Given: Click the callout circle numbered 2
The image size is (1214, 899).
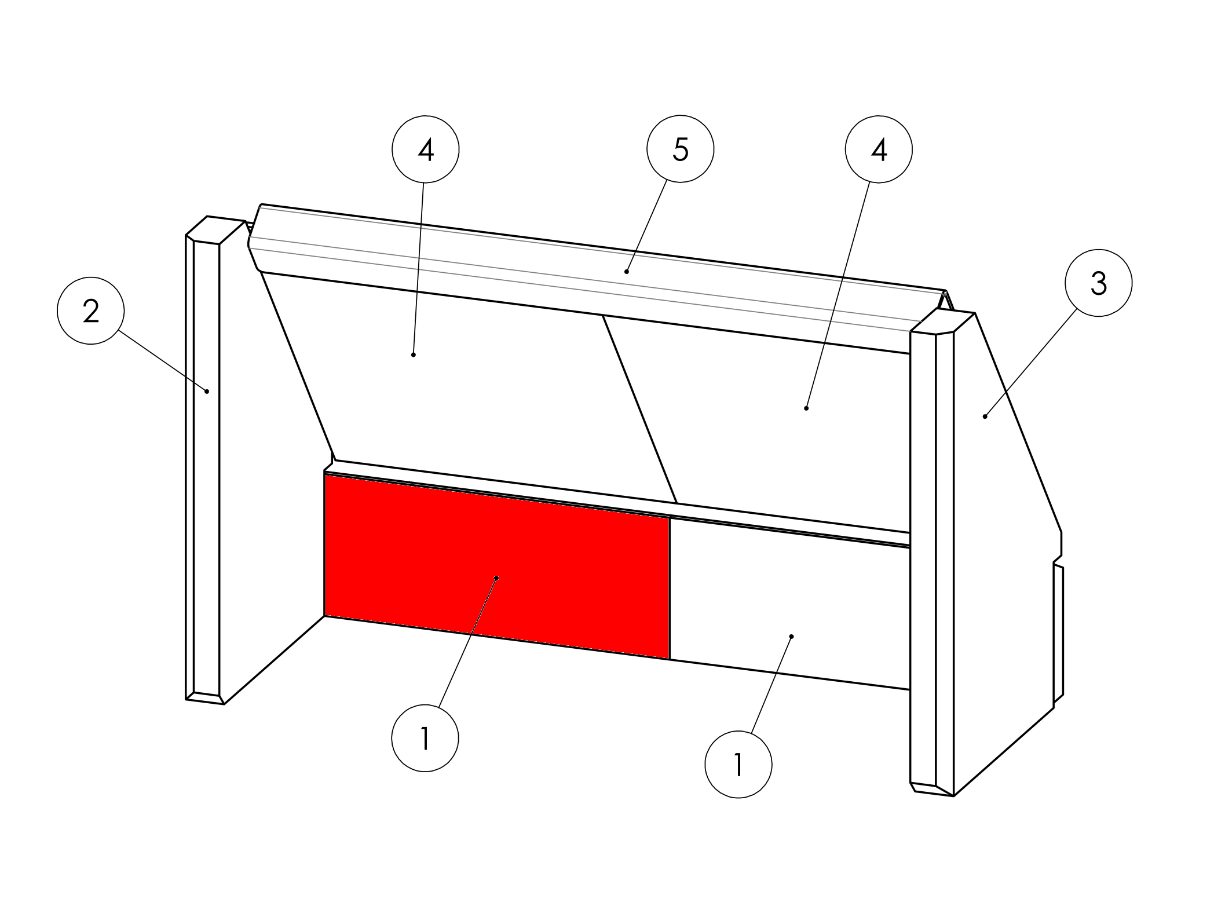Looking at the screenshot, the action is click(x=91, y=311).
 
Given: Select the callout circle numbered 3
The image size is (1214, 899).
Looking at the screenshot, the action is click(x=1098, y=283).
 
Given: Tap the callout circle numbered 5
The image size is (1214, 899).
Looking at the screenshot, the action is click(x=681, y=149).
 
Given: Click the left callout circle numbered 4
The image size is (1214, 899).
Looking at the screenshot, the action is click(x=426, y=149).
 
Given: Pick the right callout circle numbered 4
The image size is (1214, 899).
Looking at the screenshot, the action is click(x=879, y=149).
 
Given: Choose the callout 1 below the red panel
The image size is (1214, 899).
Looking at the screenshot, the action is click(x=425, y=738).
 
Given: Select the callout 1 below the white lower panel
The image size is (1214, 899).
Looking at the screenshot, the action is click(x=738, y=765).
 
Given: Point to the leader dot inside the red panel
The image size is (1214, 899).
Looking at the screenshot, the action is click(x=496, y=578).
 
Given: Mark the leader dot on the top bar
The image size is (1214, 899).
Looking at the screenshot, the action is click(x=627, y=271).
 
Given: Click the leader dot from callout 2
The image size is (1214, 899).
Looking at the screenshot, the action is click(x=207, y=392).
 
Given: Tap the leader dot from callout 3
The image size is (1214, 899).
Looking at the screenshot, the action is click(x=985, y=416).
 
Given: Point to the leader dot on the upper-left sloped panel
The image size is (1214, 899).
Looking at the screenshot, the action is click(x=413, y=355).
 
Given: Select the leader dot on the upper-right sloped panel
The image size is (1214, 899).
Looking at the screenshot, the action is click(x=806, y=408).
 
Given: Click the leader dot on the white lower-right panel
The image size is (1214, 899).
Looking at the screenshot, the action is click(x=792, y=637).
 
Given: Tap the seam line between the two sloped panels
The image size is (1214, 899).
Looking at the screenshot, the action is click(x=639, y=410).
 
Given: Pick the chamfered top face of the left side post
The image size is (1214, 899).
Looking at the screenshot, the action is click(x=215, y=229).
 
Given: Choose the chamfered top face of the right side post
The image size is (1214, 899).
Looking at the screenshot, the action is click(x=942, y=321).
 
